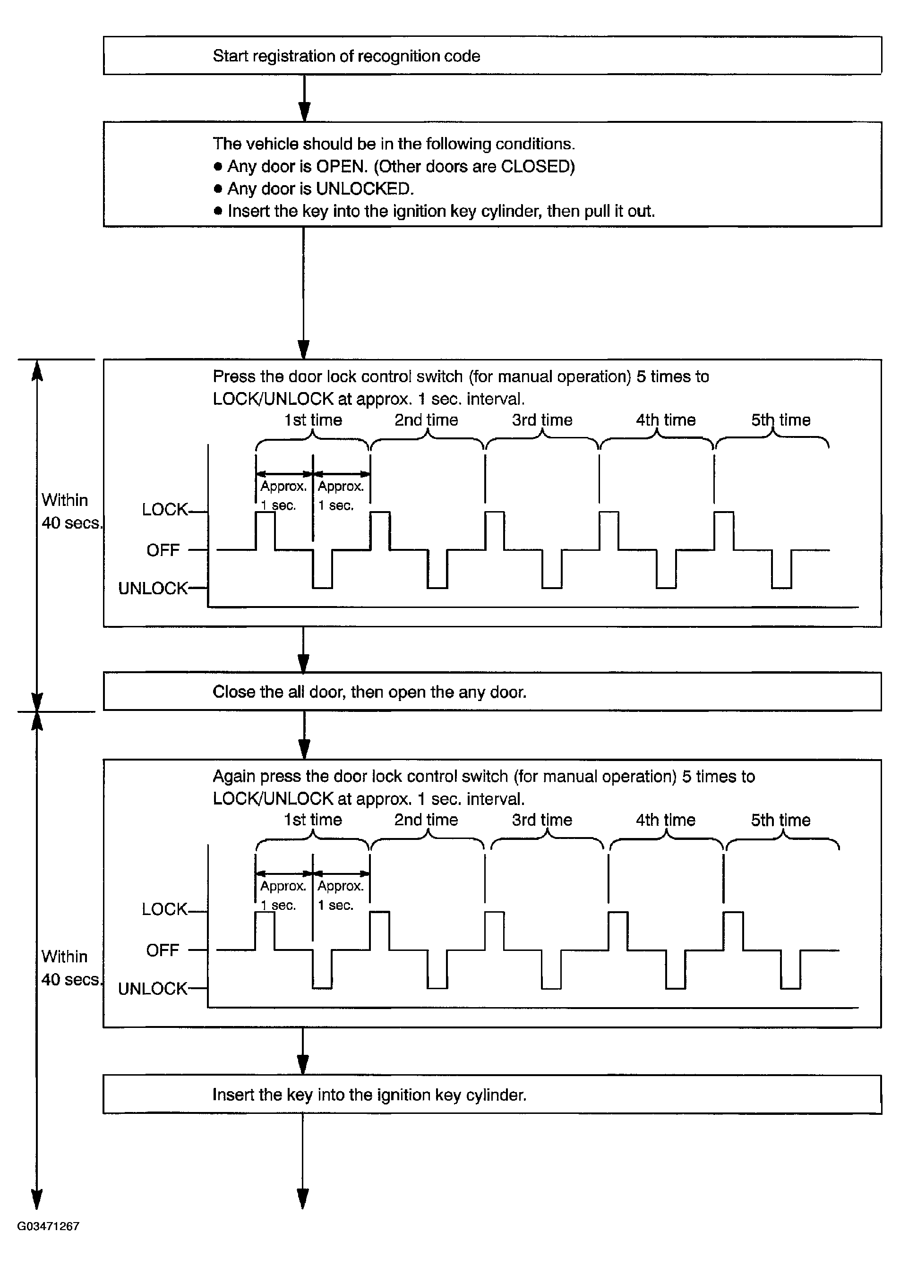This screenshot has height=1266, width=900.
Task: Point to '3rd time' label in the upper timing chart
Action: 542,420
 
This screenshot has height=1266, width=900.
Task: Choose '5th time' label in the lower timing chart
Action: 780,820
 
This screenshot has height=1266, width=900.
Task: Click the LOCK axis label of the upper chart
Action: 164,510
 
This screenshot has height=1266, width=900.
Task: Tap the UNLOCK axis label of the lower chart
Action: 153,989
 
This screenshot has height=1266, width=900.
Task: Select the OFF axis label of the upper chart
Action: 163,550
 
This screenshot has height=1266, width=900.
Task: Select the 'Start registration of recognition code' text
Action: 346,56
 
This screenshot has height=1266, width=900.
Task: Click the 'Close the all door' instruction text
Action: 369,692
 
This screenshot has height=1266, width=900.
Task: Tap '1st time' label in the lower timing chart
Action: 313,820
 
